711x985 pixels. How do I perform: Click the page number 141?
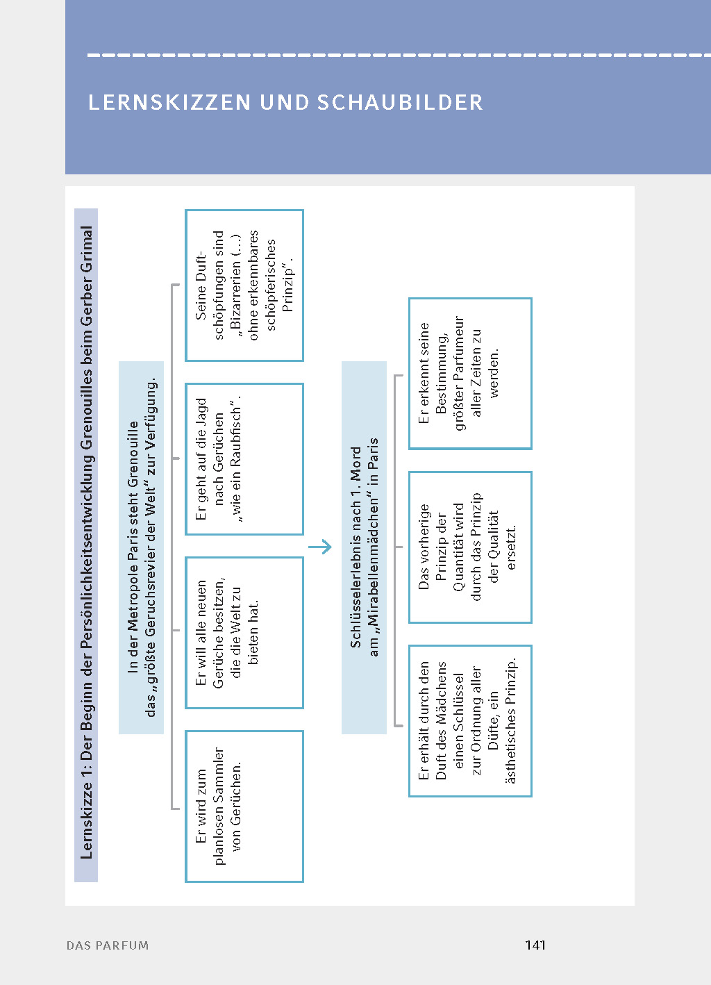click(x=535, y=945)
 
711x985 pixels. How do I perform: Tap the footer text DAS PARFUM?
click(x=108, y=945)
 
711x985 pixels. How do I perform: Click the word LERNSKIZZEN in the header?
click(x=169, y=103)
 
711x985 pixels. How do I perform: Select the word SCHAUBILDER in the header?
click(x=400, y=103)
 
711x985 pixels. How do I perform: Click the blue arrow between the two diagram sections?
click(x=320, y=547)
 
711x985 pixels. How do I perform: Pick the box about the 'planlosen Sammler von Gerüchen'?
click(x=244, y=806)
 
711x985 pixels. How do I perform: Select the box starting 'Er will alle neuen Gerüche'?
click(x=244, y=632)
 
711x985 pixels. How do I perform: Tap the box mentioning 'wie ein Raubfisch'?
click(x=244, y=458)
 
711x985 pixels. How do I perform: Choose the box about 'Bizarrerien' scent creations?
click(x=244, y=285)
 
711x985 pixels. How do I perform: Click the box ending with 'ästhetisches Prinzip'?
click(x=470, y=720)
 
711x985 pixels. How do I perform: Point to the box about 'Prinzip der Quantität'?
click(x=470, y=547)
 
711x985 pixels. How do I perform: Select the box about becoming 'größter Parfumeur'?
click(x=470, y=373)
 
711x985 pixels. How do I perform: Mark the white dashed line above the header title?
click(x=399, y=55)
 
